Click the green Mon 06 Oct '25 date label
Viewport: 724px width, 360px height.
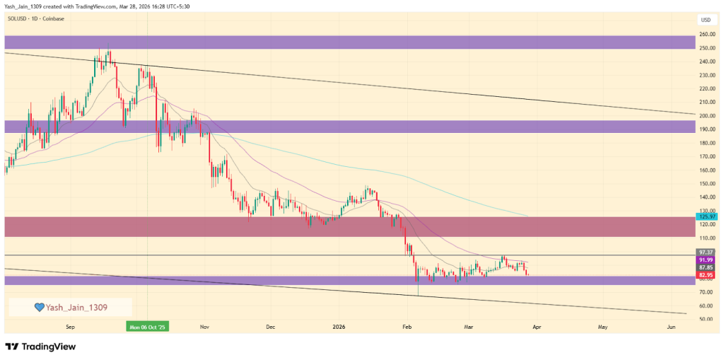tap(148, 327)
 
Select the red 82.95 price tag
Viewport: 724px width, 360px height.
tap(706, 274)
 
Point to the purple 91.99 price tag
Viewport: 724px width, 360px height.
tap(706, 260)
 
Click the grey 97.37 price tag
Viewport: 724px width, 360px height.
tap(706, 252)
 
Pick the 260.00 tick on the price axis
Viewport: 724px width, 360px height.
tap(706, 35)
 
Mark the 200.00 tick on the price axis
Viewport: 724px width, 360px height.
tap(706, 116)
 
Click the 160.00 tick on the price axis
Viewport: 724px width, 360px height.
tap(706, 170)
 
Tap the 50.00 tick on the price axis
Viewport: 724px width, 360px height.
tap(706, 320)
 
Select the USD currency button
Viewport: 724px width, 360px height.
tap(706, 19)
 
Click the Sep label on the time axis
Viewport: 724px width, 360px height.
tap(69, 327)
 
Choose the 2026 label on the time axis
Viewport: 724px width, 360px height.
tap(339, 327)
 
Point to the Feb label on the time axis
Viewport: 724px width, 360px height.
tap(407, 327)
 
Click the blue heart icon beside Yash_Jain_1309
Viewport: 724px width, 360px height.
tap(40, 307)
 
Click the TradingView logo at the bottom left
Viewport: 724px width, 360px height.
tap(40, 347)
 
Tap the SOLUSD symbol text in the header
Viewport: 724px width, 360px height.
tap(19, 18)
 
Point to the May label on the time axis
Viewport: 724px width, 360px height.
tap(602, 327)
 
